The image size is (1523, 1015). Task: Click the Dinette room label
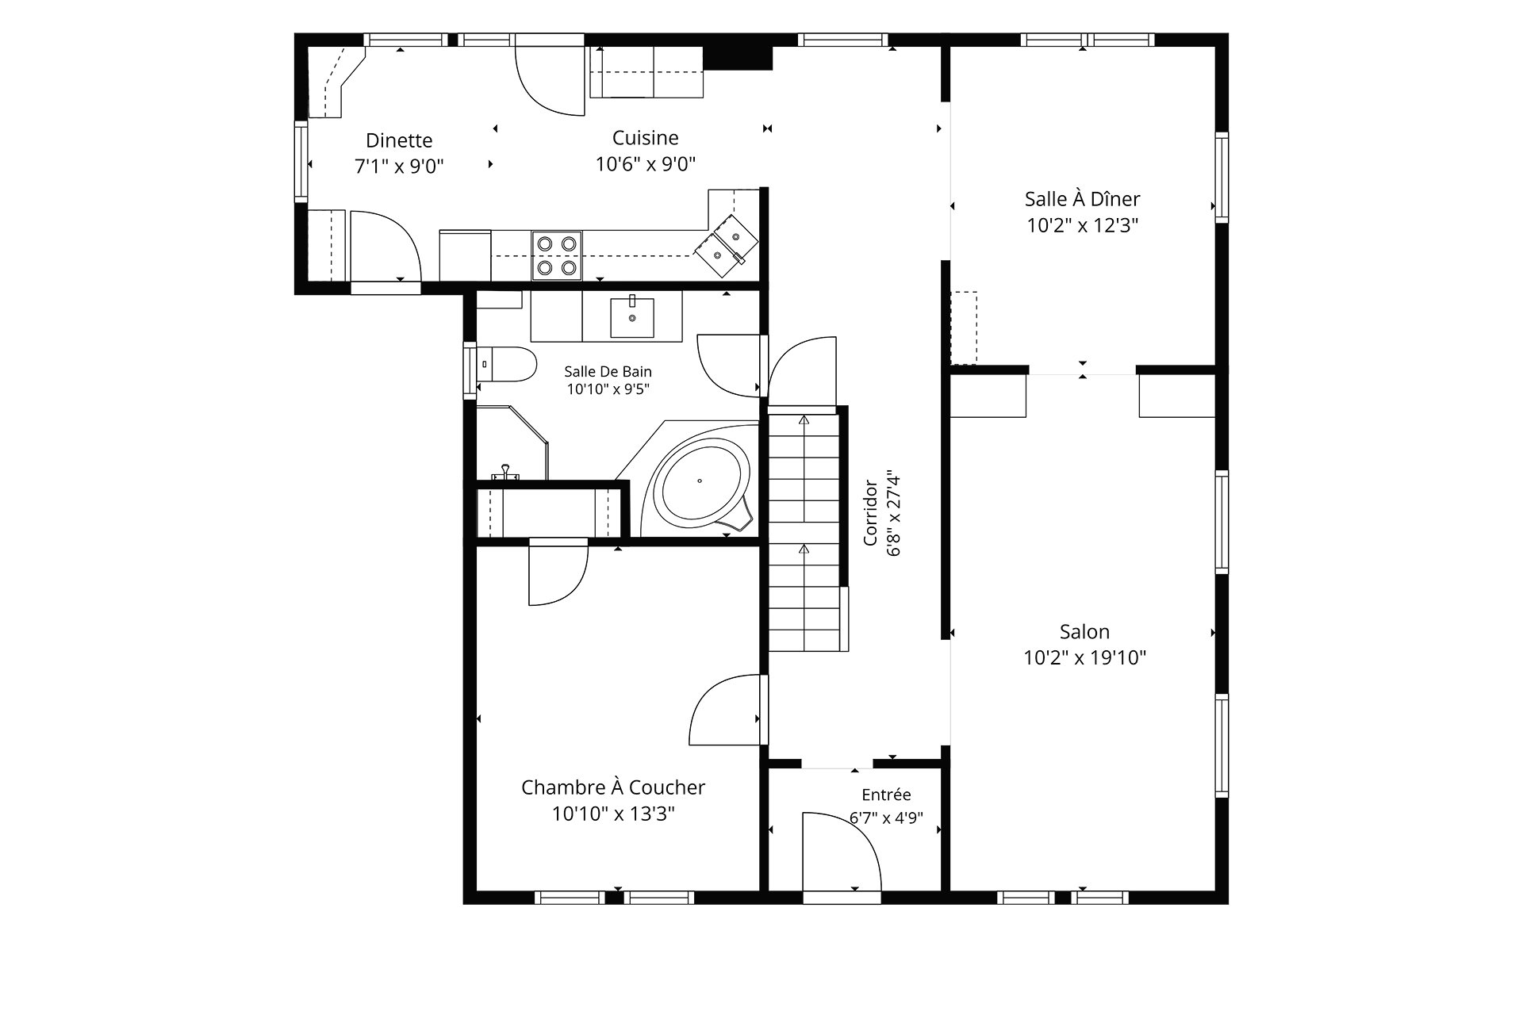(x=399, y=140)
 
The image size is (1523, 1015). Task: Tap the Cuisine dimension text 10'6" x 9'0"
(x=646, y=164)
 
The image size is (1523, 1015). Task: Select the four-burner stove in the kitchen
(x=556, y=255)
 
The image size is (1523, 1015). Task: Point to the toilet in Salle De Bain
(x=508, y=363)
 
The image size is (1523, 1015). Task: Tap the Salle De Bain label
(x=608, y=371)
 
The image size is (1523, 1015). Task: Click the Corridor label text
(x=870, y=512)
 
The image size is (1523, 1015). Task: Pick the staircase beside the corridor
(x=804, y=528)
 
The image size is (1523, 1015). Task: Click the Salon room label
(x=1084, y=631)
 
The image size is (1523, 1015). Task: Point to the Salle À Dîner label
(x=1083, y=198)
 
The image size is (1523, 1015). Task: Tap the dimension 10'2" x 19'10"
(x=1084, y=657)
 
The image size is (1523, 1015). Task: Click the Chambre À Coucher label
(x=613, y=787)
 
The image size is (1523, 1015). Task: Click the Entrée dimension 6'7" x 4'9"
(x=886, y=818)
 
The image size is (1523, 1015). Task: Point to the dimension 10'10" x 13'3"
(x=613, y=814)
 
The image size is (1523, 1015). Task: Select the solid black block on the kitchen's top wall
(x=738, y=58)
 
